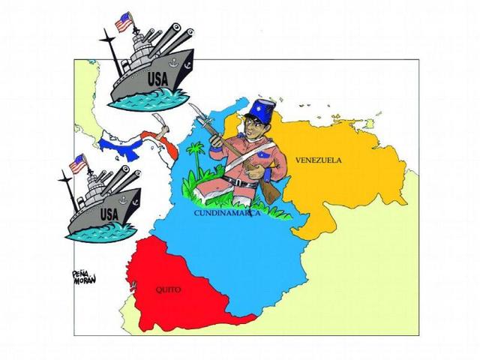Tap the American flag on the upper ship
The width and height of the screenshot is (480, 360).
click(x=124, y=22)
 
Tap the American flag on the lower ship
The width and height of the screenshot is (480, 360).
click(x=77, y=163)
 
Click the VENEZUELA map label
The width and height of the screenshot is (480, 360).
click(x=318, y=160)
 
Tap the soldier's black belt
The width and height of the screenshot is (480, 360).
click(x=240, y=182)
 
